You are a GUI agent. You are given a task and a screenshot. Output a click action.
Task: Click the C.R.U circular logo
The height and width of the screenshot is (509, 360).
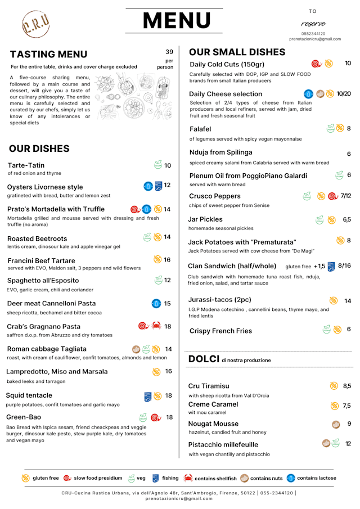pos(35,24)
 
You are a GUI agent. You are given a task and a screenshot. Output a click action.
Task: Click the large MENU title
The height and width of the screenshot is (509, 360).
pos(176,21)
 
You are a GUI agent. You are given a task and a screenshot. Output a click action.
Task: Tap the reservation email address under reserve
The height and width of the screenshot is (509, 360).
pos(315,39)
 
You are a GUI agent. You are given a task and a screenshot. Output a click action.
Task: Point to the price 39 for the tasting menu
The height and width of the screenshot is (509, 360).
pos(169,52)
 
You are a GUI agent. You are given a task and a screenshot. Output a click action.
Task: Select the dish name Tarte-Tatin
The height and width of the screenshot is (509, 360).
pos(26,165)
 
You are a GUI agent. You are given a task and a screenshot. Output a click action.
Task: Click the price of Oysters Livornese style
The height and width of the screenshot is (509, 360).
pos(167,185)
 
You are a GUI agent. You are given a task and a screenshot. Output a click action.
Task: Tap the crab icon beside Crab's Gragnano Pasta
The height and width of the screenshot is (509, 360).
pos(156,326)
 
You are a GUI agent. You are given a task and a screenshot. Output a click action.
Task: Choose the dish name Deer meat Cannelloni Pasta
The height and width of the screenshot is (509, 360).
pos(51,304)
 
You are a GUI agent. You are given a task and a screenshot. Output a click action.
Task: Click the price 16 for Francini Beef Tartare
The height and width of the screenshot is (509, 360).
pos(167,260)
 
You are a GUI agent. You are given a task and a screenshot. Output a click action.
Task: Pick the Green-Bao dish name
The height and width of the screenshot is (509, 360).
pos(24,417)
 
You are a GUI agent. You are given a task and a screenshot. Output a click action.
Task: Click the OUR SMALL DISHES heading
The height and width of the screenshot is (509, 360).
pos(237,52)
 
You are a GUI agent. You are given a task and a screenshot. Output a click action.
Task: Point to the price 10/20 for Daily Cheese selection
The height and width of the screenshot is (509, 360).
pos(344,94)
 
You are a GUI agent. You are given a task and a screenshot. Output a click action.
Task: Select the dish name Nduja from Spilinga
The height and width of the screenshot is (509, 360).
pos(220,152)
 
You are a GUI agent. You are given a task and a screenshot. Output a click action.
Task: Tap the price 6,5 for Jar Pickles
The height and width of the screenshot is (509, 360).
pos(346,219)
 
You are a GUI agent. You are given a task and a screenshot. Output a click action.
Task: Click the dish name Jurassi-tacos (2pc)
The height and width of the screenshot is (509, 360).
pos(220,300)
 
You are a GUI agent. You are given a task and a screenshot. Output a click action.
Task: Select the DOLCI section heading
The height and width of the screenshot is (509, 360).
pos(203,359)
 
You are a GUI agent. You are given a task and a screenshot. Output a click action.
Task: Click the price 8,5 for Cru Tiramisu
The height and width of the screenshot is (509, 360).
pos(347,386)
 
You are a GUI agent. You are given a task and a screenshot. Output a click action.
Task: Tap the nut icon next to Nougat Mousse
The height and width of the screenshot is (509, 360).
pos(336,424)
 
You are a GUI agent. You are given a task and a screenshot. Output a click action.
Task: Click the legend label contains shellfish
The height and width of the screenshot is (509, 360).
pos(215,478)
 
